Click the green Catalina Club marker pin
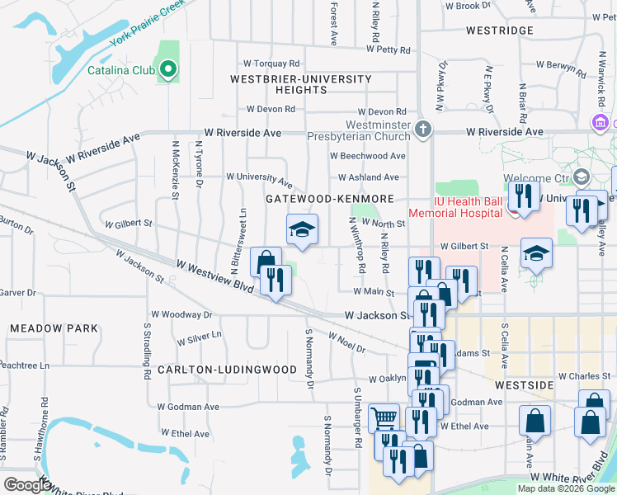click(168, 70)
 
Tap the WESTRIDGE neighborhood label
click(499, 31)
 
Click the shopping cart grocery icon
click(384, 419)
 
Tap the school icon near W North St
click(302, 229)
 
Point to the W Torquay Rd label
click(271, 64)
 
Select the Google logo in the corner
click(27, 485)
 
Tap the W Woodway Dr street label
click(182, 314)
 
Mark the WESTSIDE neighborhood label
click(524, 385)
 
